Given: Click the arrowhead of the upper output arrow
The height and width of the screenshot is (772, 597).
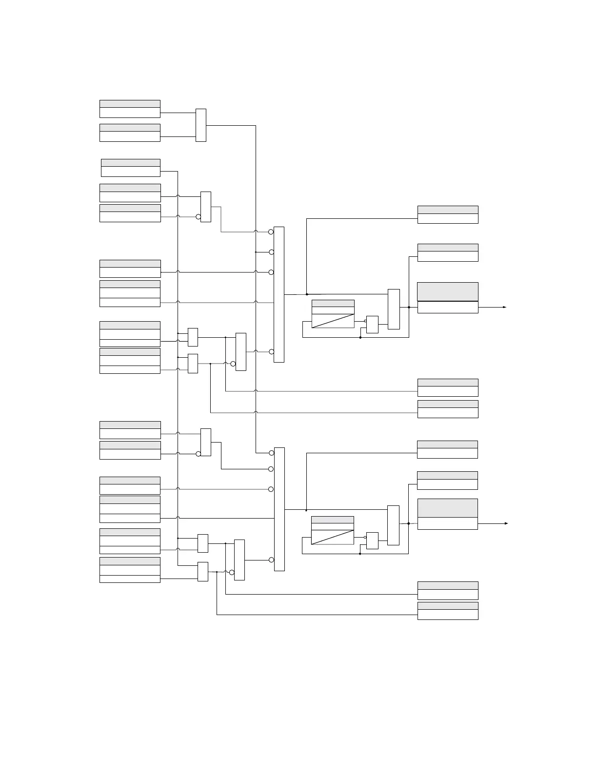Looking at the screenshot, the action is tap(505, 308).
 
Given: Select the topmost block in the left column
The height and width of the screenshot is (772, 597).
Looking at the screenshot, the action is tap(130, 109).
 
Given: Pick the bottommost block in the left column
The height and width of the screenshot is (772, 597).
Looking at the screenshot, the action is tap(130, 570).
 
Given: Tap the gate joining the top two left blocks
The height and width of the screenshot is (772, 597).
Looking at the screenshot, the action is tap(201, 125).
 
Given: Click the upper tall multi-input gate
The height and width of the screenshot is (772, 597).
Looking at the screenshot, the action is tap(279, 294).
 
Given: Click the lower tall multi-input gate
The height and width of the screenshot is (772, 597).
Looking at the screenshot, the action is tap(279, 509).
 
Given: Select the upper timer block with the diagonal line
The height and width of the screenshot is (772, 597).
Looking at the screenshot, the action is tap(333, 314).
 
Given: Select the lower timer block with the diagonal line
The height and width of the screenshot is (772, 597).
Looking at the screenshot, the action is tap(332, 530).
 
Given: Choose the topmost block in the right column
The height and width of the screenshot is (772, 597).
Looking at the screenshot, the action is tap(448, 214).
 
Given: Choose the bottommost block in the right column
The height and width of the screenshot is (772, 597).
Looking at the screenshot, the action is tap(448, 611).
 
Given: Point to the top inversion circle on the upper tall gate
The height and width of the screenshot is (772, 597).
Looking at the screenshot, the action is tap(271, 232).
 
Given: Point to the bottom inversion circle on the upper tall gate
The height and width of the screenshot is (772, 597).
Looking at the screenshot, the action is tap(271, 351).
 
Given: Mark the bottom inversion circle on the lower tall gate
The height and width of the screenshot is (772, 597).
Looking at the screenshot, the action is tap(271, 560).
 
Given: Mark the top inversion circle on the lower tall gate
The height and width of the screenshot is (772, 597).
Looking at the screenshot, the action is tap(271, 453).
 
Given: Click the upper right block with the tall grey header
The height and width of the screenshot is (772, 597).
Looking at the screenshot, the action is tap(448, 297).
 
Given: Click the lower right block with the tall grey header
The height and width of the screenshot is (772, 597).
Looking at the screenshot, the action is tap(448, 514).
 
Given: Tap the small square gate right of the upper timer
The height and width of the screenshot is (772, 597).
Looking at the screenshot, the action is tap(372, 325).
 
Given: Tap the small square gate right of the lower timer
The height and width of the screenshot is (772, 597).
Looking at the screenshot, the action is tap(372, 540).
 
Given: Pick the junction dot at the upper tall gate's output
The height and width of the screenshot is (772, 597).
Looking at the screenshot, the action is tap(307, 294).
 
